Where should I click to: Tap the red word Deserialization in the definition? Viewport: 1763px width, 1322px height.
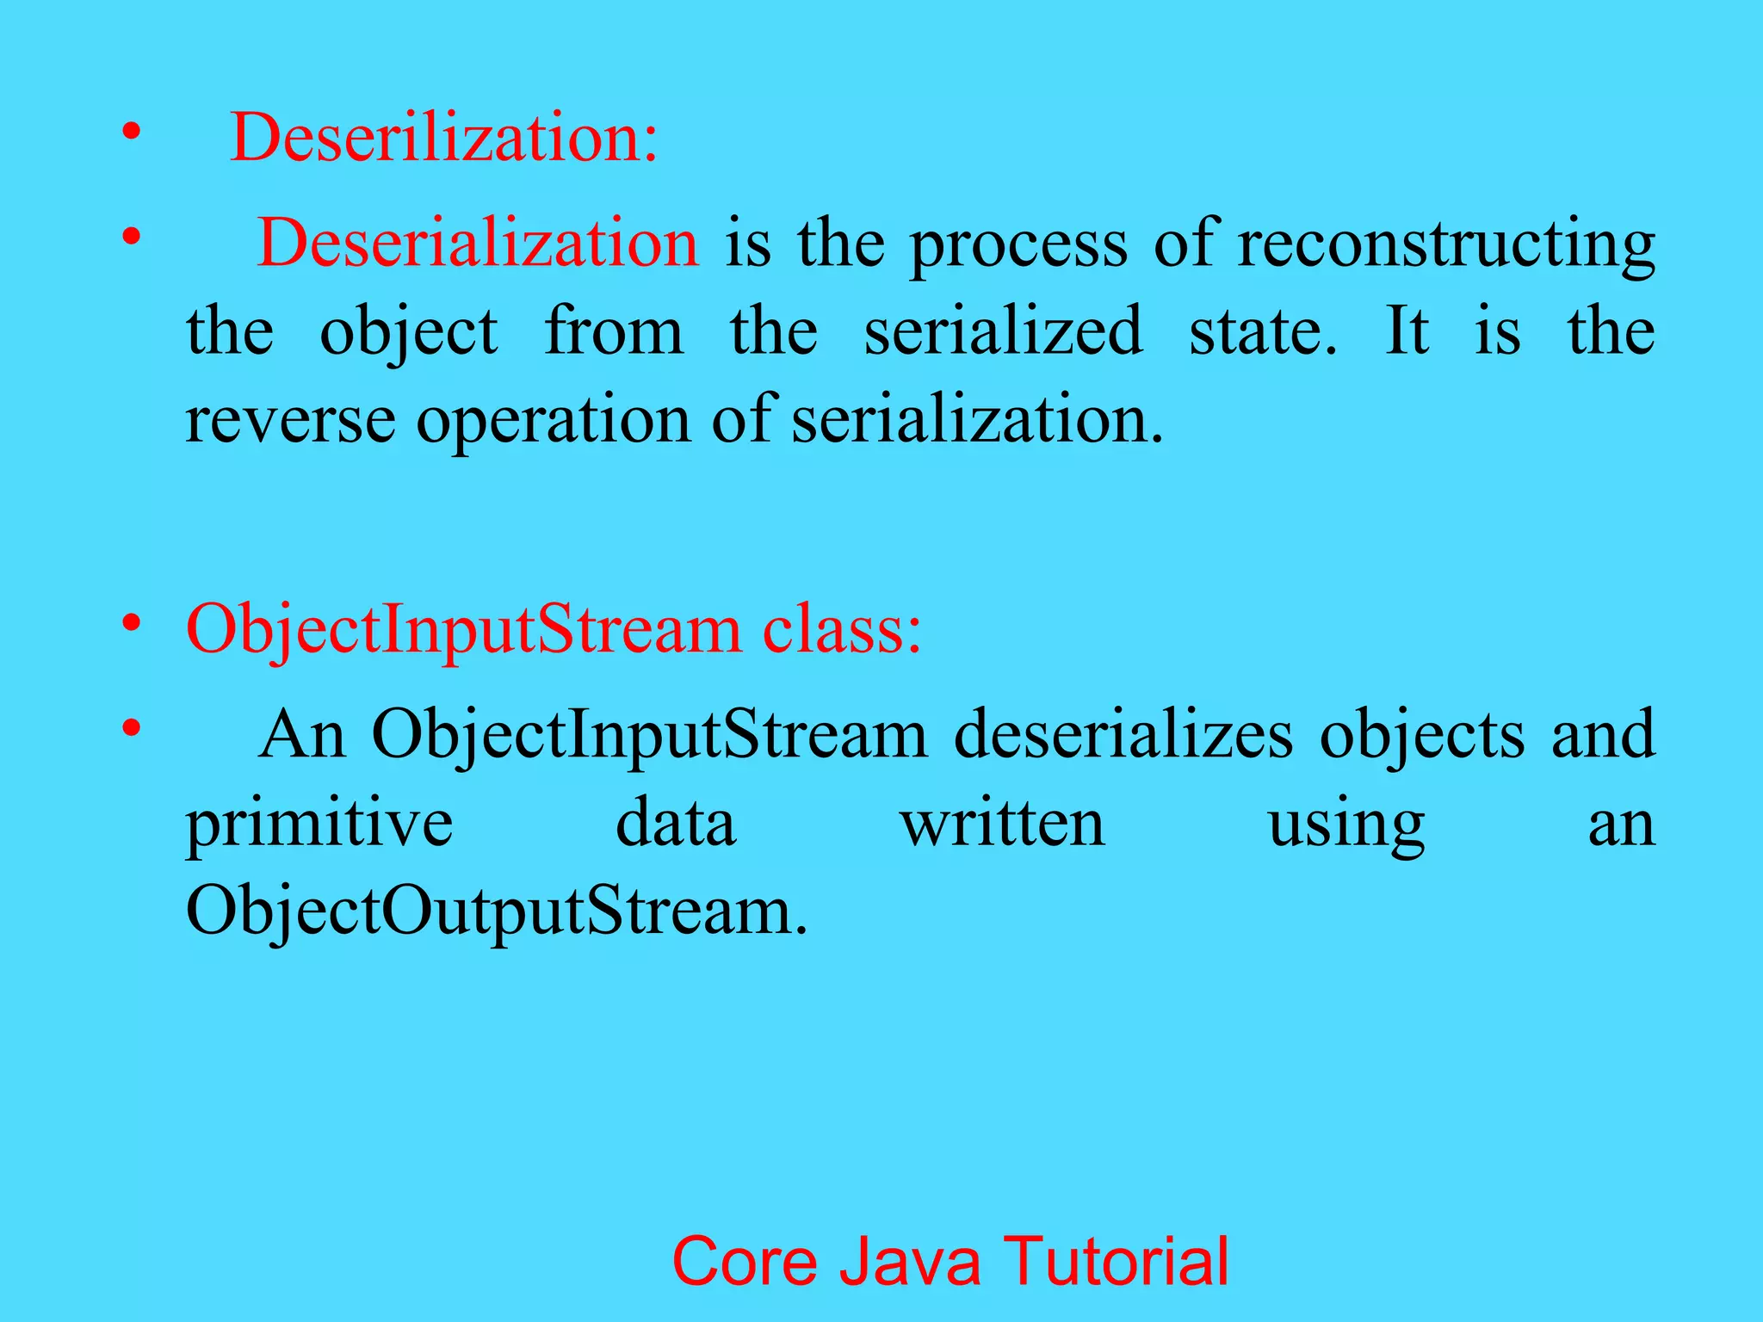click(x=478, y=244)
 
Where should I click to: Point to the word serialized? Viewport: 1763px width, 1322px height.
click(x=1003, y=331)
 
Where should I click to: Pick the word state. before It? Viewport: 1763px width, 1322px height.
click(x=1263, y=331)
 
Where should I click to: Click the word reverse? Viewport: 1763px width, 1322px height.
click(x=290, y=421)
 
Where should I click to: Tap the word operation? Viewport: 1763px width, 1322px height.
click(x=554, y=423)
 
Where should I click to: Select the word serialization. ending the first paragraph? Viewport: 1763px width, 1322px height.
click(x=977, y=421)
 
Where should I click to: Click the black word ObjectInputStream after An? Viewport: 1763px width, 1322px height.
click(x=650, y=737)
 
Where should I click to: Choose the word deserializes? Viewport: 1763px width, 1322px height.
click(x=1123, y=735)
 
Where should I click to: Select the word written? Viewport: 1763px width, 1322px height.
click(x=1003, y=824)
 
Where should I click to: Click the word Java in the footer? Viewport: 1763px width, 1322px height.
click(x=910, y=1262)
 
